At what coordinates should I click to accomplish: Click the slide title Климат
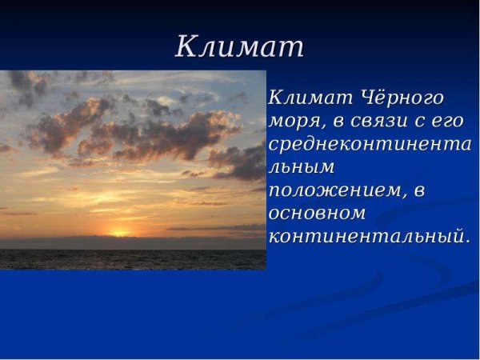pos(240,46)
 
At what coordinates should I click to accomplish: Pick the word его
pos(448,122)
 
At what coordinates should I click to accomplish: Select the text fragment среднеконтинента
pos(370,145)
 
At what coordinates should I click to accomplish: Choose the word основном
pos(317,214)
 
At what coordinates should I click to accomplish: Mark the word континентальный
pos(366,238)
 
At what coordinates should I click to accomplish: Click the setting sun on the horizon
pos(121,234)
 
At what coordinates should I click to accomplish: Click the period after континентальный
pos(467,242)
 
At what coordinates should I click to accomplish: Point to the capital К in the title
pos(186,46)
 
